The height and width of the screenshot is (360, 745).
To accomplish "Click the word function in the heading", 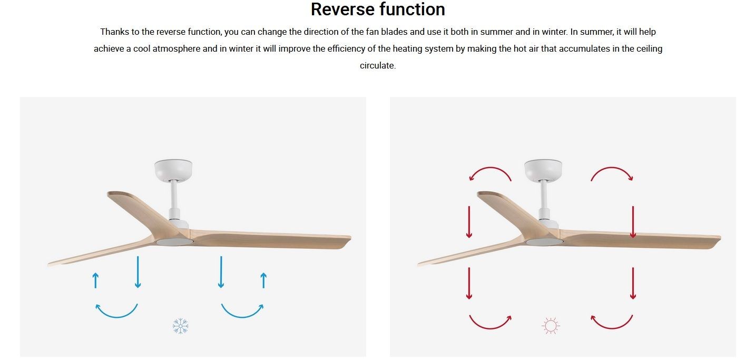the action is pos(414,9).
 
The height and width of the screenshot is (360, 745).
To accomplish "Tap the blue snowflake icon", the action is pos(181,326).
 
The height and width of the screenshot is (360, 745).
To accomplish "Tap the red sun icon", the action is pos(551,326).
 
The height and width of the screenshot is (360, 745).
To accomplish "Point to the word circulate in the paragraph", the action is pos(377,65).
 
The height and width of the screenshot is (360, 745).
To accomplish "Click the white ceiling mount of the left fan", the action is pos(173,170).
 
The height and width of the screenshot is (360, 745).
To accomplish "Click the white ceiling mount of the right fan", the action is pos(543,170).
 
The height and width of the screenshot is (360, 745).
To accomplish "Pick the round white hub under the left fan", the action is pos(174,242).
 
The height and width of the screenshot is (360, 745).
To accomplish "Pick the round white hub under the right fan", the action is pos(544,242).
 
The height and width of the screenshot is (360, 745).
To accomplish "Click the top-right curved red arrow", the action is pos(612,168).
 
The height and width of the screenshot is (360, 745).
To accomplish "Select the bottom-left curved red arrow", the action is pos(490,328).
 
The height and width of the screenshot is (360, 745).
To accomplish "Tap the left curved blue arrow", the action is pos(116,317).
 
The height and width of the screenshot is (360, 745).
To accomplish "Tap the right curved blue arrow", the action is pos(242,317).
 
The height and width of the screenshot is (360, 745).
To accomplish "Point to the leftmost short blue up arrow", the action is pos(95,280).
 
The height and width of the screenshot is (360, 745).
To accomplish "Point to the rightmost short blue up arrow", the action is pos(264,280).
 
